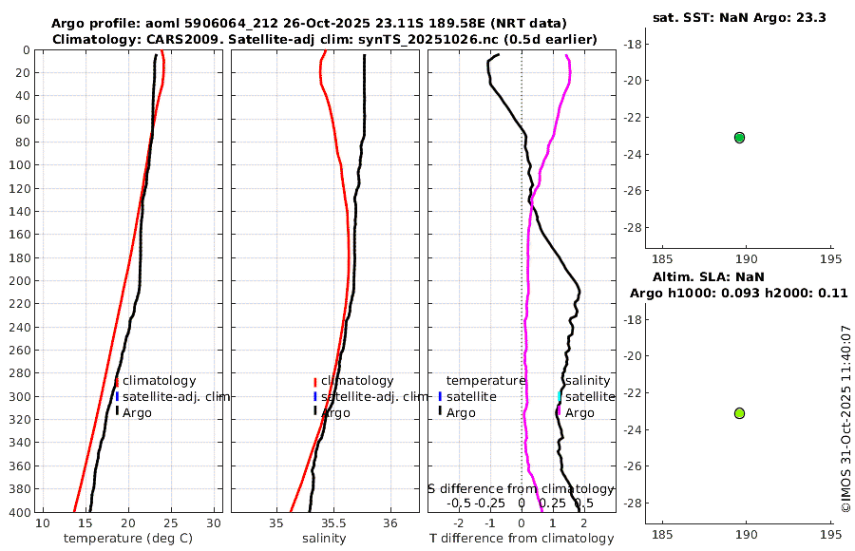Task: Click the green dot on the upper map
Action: click(x=739, y=138)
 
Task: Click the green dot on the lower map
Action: click(x=739, y=413)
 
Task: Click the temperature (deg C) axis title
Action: click(x=129, y=539)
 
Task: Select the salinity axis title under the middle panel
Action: click(x=324, y=539)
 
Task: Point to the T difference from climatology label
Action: click(x=522, y=539)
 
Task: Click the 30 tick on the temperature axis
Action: click(x=215, y=523)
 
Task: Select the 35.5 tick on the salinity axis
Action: click(x=332, y=523)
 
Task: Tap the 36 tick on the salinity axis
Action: click(x=389, y=523)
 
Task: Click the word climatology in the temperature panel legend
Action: click(x=159, y=380)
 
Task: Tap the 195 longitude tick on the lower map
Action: click(x=831, y=534)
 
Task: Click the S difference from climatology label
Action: click(x=521, y=487)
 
